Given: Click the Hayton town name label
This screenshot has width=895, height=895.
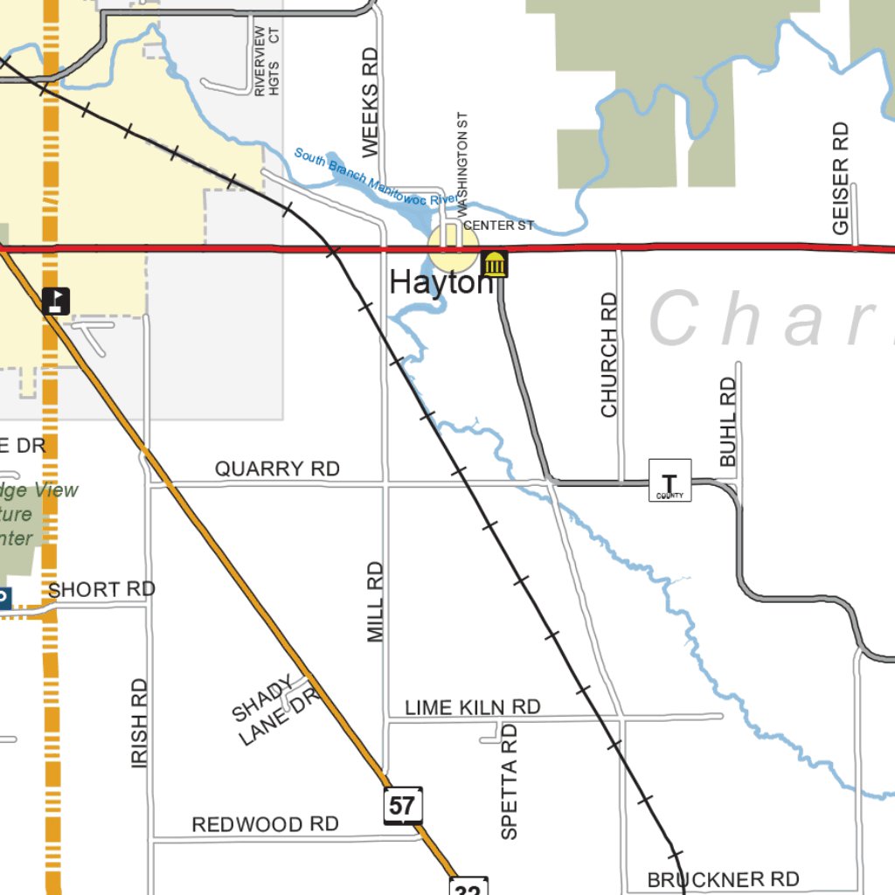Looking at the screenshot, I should pos(441,282).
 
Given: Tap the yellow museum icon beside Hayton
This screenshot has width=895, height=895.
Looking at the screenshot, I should pos(495,263).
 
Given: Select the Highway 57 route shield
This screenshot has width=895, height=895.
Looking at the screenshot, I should pos(403,804).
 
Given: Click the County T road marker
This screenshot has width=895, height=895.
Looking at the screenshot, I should pos(670,481).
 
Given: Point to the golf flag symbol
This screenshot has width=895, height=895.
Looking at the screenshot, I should pos(56,301).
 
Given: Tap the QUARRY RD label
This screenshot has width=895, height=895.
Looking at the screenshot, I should pos(277,469).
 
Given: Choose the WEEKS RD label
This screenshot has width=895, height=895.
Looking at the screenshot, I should pos(371,102).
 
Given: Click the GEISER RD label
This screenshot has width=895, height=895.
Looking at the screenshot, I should pos(841,178).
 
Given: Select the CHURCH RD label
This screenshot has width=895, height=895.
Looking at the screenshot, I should pos(609,355).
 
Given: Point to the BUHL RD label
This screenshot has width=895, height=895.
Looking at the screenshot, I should pos(728,421).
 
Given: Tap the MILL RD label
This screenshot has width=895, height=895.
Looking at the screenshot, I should pos(376,602).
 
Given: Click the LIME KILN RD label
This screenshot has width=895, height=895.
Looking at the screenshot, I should pos(473,706).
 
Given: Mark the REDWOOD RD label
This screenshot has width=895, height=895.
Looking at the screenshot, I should pos(265,824).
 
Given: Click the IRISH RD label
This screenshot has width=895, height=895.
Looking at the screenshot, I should pos(140,724).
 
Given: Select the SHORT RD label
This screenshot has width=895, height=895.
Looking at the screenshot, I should pos(101,590).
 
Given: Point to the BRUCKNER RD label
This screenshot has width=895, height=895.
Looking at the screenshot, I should pos(724,878).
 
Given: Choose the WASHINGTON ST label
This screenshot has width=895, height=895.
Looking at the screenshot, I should pos(463,163).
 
